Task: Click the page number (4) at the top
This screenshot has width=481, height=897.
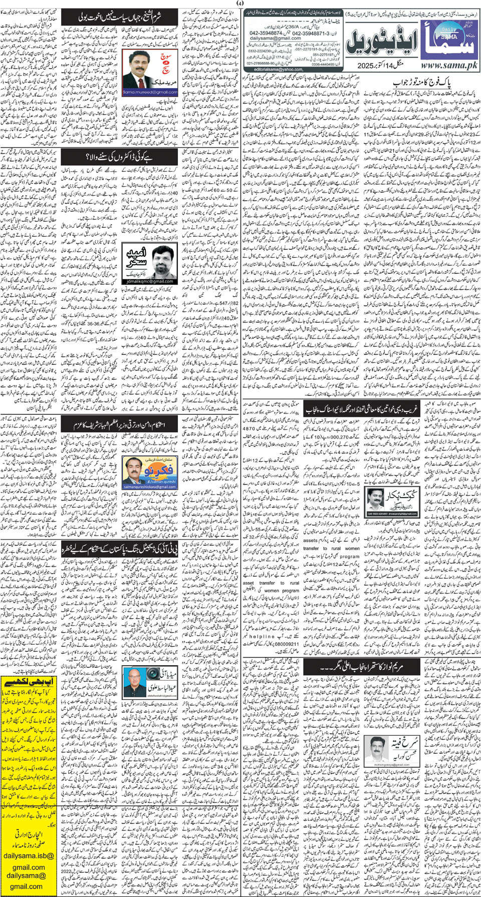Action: pos(240,3)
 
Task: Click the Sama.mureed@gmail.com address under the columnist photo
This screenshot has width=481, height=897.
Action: pos(150,92)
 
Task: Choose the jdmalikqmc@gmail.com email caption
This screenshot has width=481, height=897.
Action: pos(149,281)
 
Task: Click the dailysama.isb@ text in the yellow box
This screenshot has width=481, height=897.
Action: pos(28,842)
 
